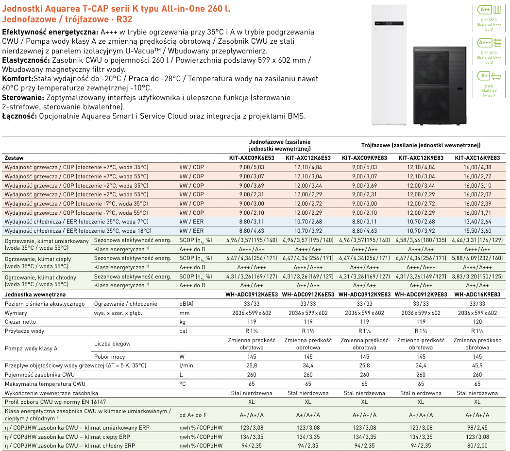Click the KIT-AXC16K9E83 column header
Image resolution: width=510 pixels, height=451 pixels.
(477, 158)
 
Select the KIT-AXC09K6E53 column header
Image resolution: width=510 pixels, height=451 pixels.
(252, 158)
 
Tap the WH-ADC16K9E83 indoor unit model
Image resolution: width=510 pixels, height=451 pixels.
(477, 295)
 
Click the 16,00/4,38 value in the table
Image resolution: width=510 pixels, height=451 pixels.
(477, 167)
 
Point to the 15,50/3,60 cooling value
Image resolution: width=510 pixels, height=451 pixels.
(477, 231)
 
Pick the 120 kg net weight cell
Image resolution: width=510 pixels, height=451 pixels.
(477, 322)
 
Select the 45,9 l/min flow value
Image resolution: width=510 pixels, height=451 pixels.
(477, 365)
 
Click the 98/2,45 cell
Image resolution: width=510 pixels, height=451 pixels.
(477, 428)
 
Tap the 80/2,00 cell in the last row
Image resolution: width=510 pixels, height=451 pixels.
(477, 445)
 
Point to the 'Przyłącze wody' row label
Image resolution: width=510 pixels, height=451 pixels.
(24, 331)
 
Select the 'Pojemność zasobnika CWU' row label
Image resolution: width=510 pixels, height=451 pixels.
(39, 375)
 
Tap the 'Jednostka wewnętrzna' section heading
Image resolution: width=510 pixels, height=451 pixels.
(34, 295)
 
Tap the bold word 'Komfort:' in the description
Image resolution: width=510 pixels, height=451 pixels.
(17, 79)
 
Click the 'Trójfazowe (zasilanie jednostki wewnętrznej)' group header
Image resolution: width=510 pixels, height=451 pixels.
(421, 145)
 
